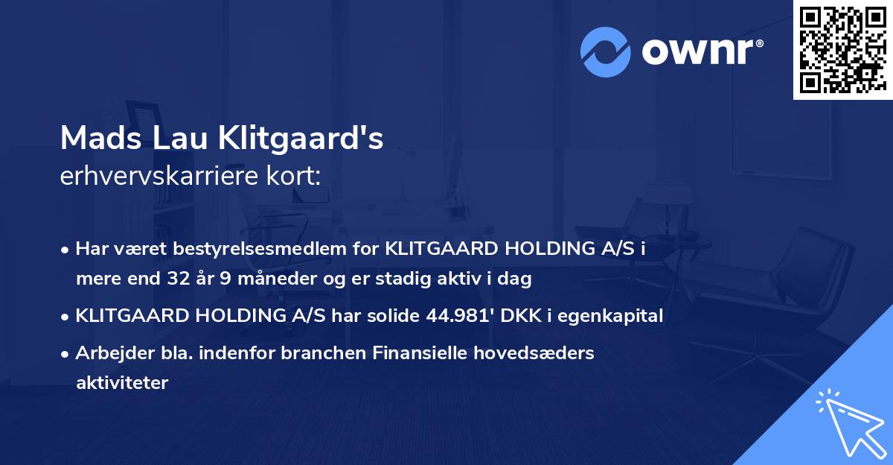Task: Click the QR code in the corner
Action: [842, 49]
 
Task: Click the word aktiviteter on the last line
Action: [122, 383]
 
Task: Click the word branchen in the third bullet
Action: [327, 353]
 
